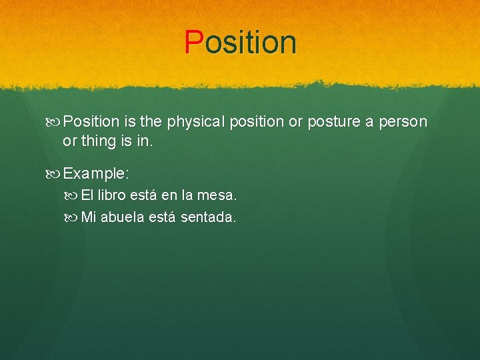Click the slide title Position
tap(241, 42)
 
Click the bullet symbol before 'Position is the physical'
tap(55, 122)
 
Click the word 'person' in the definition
tap(403, 122)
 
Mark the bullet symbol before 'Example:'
tap(55, 173)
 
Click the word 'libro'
tap(113, 196)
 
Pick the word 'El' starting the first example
tap(87, 196)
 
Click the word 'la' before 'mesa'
tap(187, 196)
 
